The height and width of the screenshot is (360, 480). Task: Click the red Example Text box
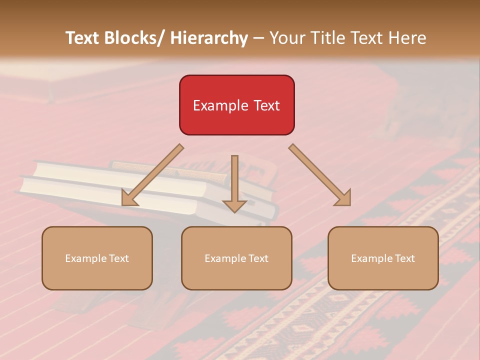(236, 105)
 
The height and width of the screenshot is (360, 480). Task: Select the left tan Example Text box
(97, 258)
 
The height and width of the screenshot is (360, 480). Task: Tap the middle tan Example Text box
(236, 258)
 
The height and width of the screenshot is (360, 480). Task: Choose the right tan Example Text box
(383, 258)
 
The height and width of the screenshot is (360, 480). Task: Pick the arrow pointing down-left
(152, 175)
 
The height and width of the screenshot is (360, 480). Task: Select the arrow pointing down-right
(320, 175)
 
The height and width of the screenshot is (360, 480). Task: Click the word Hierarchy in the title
(209, 38)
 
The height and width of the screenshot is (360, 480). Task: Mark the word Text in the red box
(266, 105)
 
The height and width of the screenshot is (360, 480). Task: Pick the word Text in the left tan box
(118, 258)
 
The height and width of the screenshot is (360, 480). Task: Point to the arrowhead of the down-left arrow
(128, 198)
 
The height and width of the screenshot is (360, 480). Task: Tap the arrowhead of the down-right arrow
(344, 198)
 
